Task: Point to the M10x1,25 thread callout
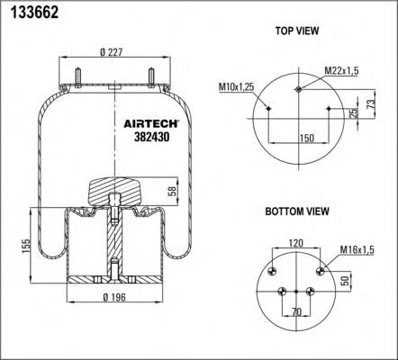click(237, 86)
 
